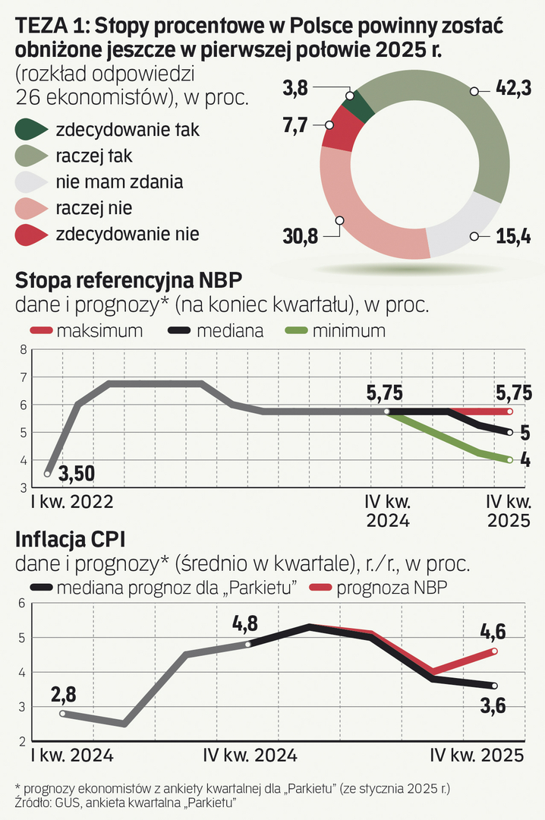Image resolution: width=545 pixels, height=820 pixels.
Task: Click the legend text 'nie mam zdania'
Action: pos(119,182)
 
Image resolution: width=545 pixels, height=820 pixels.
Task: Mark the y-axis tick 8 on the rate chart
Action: pos(23,350)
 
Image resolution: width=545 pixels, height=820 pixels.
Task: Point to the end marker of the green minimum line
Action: pos(510,460)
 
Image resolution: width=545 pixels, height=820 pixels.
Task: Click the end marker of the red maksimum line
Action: pos(510,412)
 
